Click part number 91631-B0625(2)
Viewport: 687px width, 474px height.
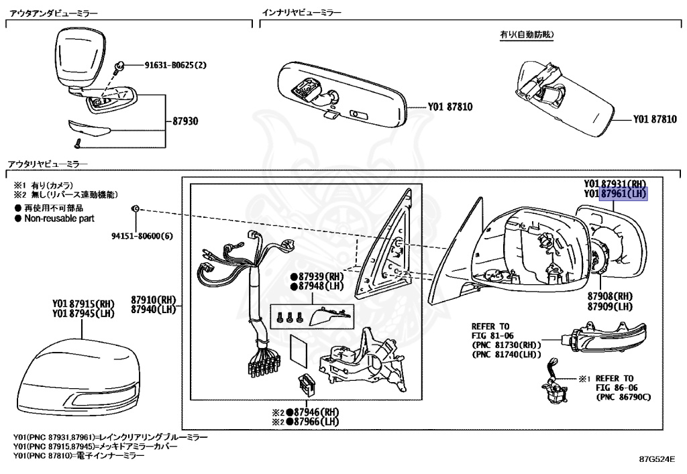coord(176,66)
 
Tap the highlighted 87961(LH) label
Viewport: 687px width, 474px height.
coord(623,194)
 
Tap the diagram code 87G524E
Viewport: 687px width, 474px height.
coord(656,461)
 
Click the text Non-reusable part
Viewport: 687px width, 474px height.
coord(59,219)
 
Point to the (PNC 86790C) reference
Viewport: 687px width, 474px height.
coord(623,397)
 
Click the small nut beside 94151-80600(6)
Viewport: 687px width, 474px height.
coord(135,209)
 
